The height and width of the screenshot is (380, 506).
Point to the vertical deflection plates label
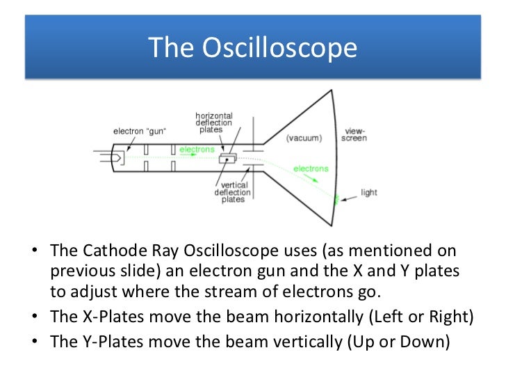(229, 192)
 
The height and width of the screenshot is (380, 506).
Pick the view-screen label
(355, 134)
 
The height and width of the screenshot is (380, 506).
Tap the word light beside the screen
(368, 192)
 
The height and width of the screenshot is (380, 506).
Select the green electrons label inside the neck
(197, 149)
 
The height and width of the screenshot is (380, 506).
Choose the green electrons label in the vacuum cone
(311, 168)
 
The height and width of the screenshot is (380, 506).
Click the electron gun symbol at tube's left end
(115, 158)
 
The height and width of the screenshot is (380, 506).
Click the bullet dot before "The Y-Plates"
(35, 342)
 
